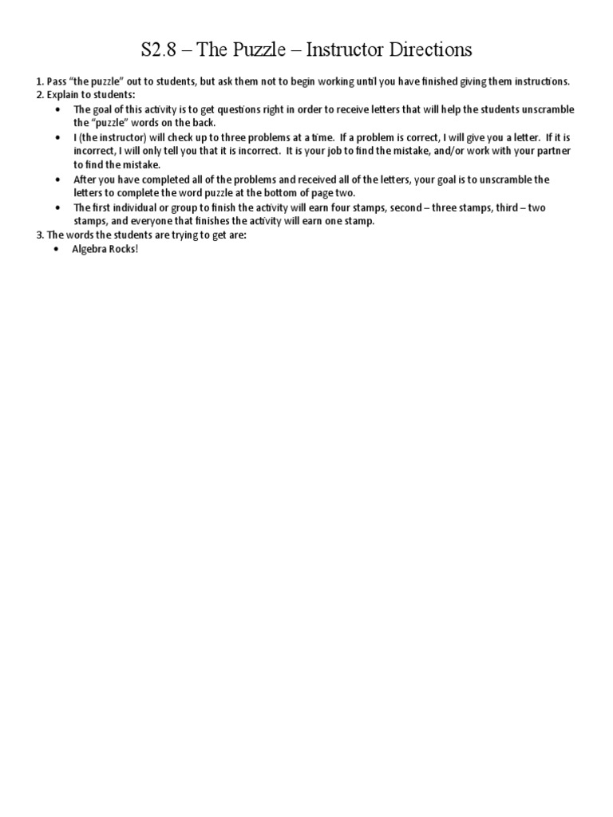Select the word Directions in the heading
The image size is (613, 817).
coord(429,51)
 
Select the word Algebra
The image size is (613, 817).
coord(90,249)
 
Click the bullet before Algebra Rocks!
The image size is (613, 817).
coord(58,249)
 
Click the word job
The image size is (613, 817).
coord(330,151)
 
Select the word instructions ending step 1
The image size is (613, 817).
coord(535,82)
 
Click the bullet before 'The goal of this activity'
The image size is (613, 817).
coord(58,109)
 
